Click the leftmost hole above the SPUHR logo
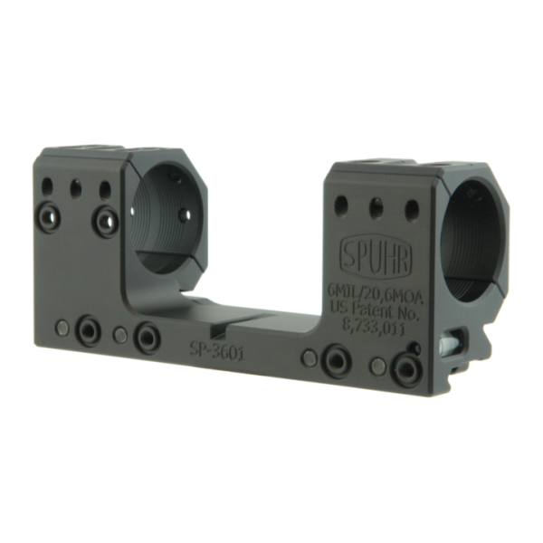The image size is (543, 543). (341, 203)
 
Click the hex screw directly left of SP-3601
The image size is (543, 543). (144, 337)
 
